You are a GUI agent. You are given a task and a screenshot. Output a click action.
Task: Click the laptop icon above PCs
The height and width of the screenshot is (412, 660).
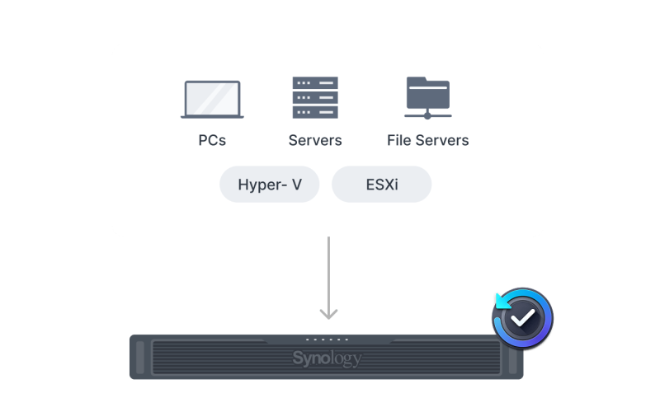pos(212,99)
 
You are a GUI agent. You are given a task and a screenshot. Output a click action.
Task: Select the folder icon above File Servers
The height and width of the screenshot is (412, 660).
pos(427,96)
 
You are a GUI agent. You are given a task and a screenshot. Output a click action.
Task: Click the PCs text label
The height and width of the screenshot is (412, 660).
pos(212,140)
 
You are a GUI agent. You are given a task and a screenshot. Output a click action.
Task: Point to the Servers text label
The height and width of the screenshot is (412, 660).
pos(315,140)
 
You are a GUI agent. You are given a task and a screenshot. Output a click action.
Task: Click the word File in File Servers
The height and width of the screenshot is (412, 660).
pos(400,140)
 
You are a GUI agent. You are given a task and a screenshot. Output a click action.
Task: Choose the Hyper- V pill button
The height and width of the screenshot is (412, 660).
pos(269,184)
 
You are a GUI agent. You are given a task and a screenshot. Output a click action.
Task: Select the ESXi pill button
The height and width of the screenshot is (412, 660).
pos(381,184)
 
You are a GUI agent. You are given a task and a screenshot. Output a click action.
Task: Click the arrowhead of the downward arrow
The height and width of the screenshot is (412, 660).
pos(328,313)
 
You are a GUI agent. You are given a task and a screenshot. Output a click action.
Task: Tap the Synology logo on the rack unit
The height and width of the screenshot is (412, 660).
pos(327,358)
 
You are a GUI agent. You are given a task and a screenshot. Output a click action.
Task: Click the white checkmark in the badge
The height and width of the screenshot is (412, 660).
pos(522,317)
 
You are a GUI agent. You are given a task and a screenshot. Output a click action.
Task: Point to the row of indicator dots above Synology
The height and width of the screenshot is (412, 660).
pos(327,339)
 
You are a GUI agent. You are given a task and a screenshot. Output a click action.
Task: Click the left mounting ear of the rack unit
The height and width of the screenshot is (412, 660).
pos(139,357)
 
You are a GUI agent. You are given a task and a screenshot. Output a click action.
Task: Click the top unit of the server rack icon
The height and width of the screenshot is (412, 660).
pos(315,83)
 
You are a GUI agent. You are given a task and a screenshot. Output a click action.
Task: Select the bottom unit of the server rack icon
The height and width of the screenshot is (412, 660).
pos(315,113)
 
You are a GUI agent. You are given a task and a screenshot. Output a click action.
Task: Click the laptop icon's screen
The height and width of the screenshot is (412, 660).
pos(212,96)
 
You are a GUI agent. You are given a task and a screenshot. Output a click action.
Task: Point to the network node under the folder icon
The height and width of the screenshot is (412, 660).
pos(427,115)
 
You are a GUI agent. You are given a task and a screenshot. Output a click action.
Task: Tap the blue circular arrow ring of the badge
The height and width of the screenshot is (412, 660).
pos(499,305)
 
